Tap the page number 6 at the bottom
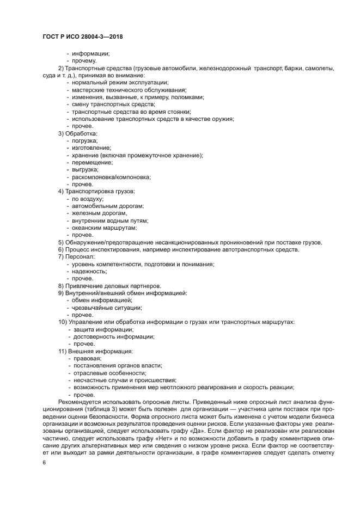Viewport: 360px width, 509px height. (x=44, y=462)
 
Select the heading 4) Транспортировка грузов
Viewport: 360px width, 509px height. (x=96, y=191)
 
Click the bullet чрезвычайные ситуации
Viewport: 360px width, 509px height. (x=103, y=307)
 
